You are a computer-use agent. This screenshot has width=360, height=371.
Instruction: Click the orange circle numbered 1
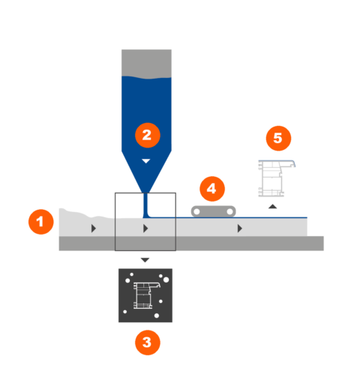41,222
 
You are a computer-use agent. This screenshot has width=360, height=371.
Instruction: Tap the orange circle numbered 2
148,135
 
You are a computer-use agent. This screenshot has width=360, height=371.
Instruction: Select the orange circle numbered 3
148,343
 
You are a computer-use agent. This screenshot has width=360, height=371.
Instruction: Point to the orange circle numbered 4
212,189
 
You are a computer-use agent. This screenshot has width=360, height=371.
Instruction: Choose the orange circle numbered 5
278,138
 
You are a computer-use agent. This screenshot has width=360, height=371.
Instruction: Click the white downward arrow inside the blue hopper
146,161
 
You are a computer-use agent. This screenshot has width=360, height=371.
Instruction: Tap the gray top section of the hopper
146,64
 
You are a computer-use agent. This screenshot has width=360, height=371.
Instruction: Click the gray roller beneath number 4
213,211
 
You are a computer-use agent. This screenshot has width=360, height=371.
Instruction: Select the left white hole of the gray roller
196,212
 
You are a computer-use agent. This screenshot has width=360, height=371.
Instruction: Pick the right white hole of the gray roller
229,212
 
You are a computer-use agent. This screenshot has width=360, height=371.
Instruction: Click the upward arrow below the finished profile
272,206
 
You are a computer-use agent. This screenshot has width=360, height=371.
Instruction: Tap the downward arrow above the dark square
145,260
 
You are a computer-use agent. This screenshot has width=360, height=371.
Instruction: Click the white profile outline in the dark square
146,295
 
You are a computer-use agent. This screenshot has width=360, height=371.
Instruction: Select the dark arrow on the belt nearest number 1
94,229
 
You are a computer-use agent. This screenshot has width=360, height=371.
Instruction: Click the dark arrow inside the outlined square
145,229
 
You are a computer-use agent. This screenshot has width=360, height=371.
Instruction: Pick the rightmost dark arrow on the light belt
239,229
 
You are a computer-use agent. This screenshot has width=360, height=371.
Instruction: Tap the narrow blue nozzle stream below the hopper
145,205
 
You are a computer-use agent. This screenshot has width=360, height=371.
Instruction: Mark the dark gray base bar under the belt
191,244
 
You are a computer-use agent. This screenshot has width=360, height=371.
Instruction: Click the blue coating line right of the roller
271,217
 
